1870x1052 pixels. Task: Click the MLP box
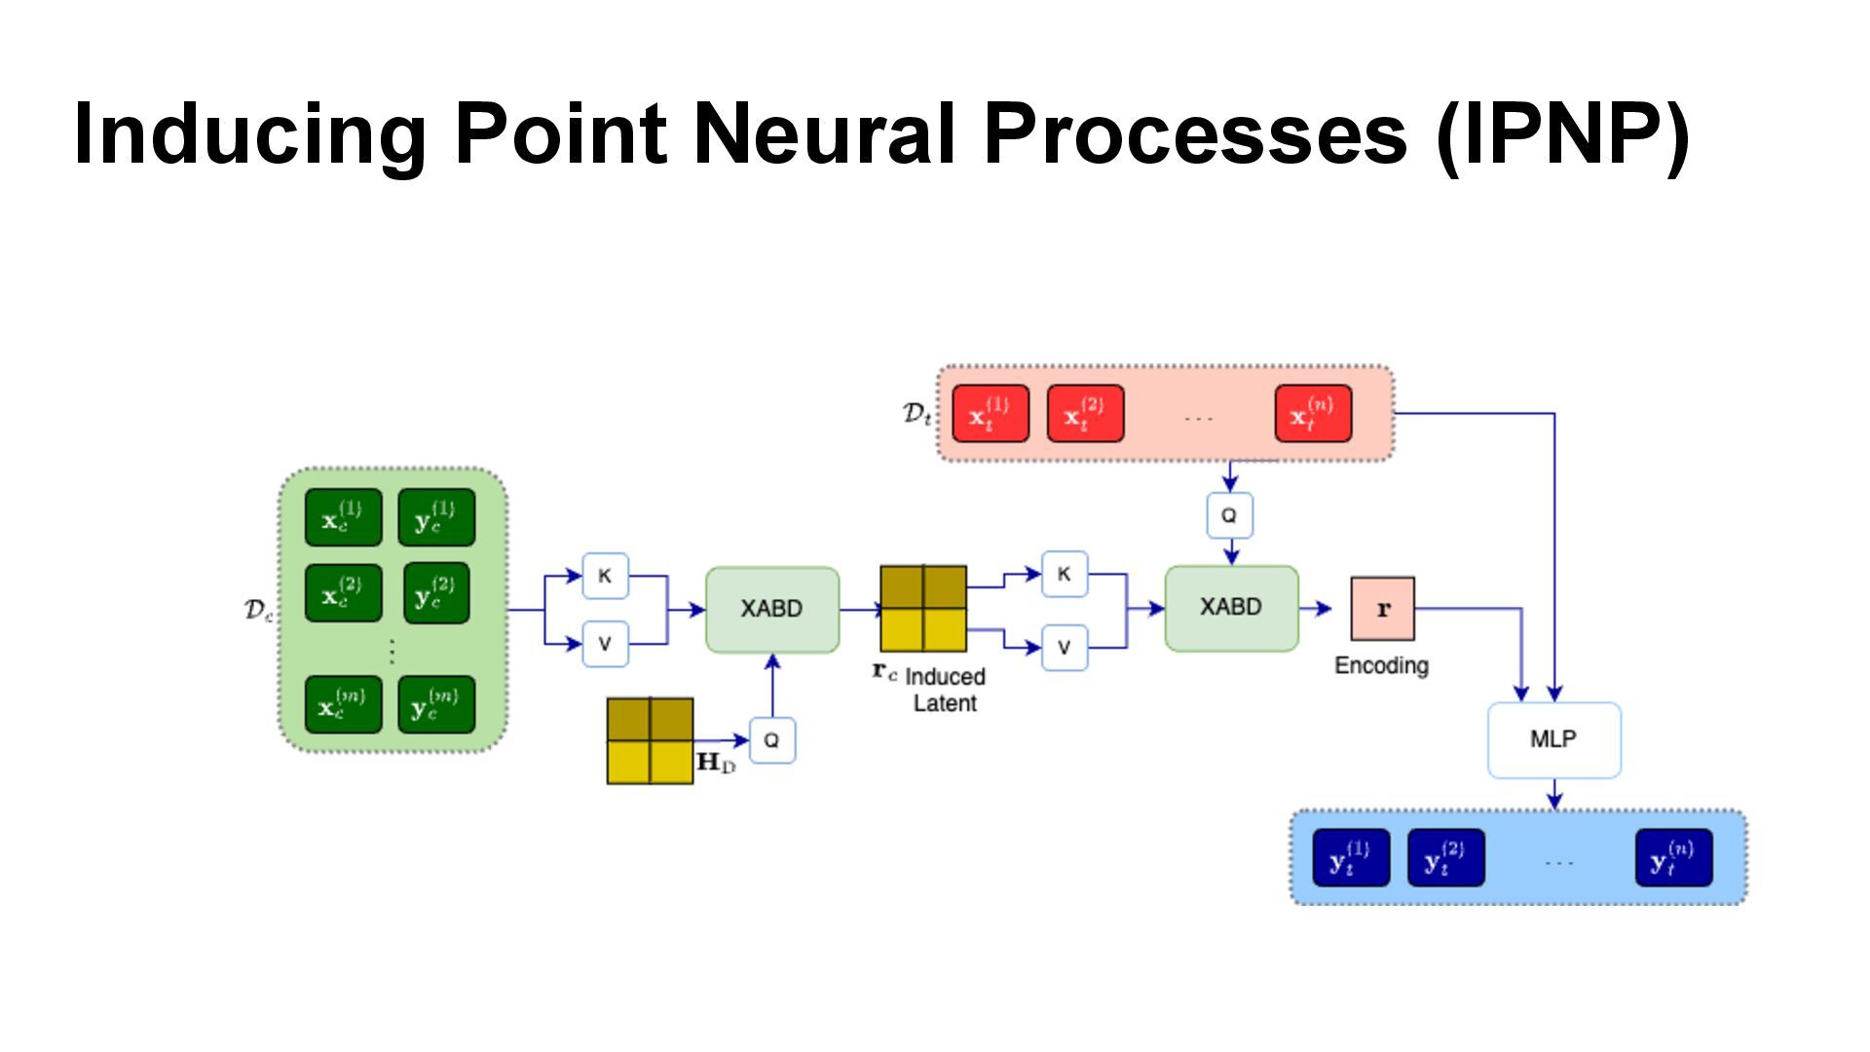click(1553, 739)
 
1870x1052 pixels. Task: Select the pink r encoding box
click(1382, 609)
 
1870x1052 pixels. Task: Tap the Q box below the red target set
click(1229, 515)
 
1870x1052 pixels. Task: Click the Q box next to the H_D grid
click(771, 740)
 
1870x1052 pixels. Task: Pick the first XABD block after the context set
click(771, 609)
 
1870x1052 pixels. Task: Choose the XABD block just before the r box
click(1231, 608)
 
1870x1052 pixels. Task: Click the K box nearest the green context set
click(605, 576)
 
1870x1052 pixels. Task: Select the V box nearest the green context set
click(605, 644)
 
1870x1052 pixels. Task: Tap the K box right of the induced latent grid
click(1064, 574)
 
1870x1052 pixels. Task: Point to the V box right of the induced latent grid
click(1064, 648)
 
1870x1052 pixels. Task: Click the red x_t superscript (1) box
click(990, 414)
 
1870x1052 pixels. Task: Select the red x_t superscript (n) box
click(1313, 414)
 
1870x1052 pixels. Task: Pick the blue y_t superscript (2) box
click(1445, 858)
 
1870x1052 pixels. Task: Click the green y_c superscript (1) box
click(436, 517)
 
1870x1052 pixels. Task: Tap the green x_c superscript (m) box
click(343, 704)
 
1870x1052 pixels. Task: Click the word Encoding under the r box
click(1381, 666)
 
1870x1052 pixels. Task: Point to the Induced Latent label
click(944, 690)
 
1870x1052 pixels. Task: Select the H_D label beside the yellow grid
click(716, 762)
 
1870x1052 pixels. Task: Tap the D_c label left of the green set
click(258, 610)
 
